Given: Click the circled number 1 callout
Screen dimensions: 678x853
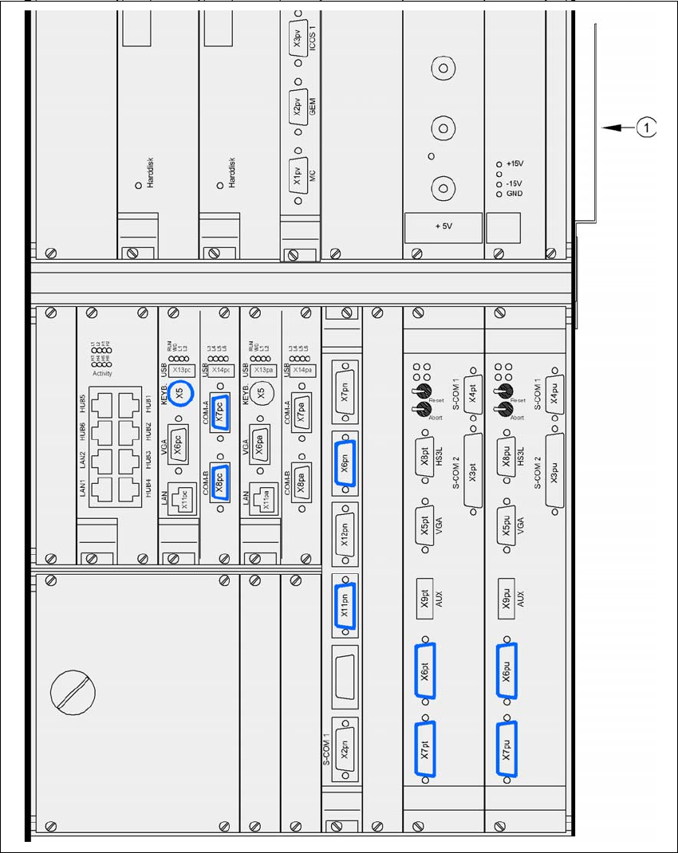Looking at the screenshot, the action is pyautogui.click(x=648, y=127).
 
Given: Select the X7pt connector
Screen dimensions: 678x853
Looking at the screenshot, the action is pyautogui.click(x=425, y=749).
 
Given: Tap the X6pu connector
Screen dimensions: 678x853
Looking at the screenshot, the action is pyautogui.click(x=507, y=672).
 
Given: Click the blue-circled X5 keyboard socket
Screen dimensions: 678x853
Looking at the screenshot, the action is pyautogui.click(x=180, y=393).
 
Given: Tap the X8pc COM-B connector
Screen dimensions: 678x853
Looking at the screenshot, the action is pyautogui.click(x=221, y=480).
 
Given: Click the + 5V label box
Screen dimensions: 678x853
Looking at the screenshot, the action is pyautogui.click(x=443, y=226).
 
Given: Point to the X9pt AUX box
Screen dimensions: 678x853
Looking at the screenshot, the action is pyautogui.click(x=425, y=595).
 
